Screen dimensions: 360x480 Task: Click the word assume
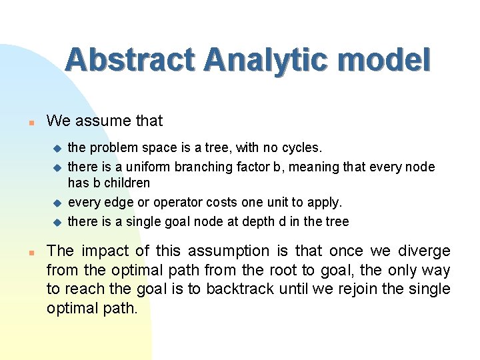click(105, 121)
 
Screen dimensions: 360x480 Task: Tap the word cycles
click(303, 147)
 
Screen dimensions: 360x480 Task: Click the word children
click(127, 183)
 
